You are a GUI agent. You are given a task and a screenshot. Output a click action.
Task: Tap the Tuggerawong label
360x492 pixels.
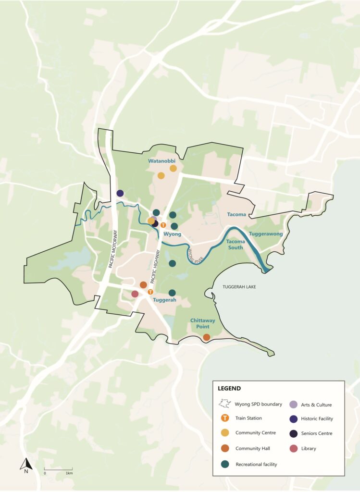266,234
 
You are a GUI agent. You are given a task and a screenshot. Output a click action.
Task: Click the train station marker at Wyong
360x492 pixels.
163,225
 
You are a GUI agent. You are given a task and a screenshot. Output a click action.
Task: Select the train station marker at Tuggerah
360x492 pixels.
150,292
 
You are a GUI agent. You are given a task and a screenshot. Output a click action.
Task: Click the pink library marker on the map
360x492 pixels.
135,294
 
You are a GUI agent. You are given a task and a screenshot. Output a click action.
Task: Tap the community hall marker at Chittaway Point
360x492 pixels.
206,337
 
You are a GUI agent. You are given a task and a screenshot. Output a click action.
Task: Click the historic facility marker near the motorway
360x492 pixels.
120,193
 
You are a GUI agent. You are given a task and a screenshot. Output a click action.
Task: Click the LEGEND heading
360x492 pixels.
229,388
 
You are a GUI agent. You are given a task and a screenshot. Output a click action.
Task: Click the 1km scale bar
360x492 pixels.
58,468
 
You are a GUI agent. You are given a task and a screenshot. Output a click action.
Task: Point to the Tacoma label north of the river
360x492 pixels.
236,214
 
